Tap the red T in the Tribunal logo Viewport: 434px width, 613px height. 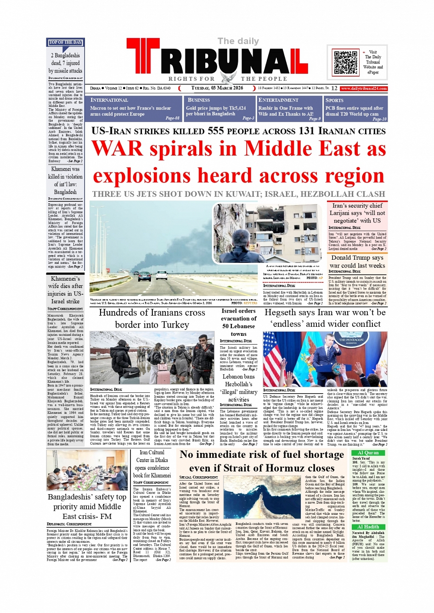[144, 57]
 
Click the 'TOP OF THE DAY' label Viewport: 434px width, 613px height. [65, 43]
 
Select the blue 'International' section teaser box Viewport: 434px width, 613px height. [135, 109]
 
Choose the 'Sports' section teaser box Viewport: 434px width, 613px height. [355, 109]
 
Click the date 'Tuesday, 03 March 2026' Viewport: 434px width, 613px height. [217, 88]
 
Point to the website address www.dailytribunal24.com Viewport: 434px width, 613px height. [364, 89]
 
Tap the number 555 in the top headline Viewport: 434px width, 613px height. [215, 131]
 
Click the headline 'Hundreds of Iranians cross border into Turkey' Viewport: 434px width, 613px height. [152, 318]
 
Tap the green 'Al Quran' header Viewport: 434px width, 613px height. [368, 452]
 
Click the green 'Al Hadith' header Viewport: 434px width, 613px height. [368, 527]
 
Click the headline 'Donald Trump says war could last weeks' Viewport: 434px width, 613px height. [357, 262]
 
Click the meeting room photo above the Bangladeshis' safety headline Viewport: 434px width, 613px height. [86, 470]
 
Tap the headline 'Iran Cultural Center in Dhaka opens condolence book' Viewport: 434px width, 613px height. [152, 463]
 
